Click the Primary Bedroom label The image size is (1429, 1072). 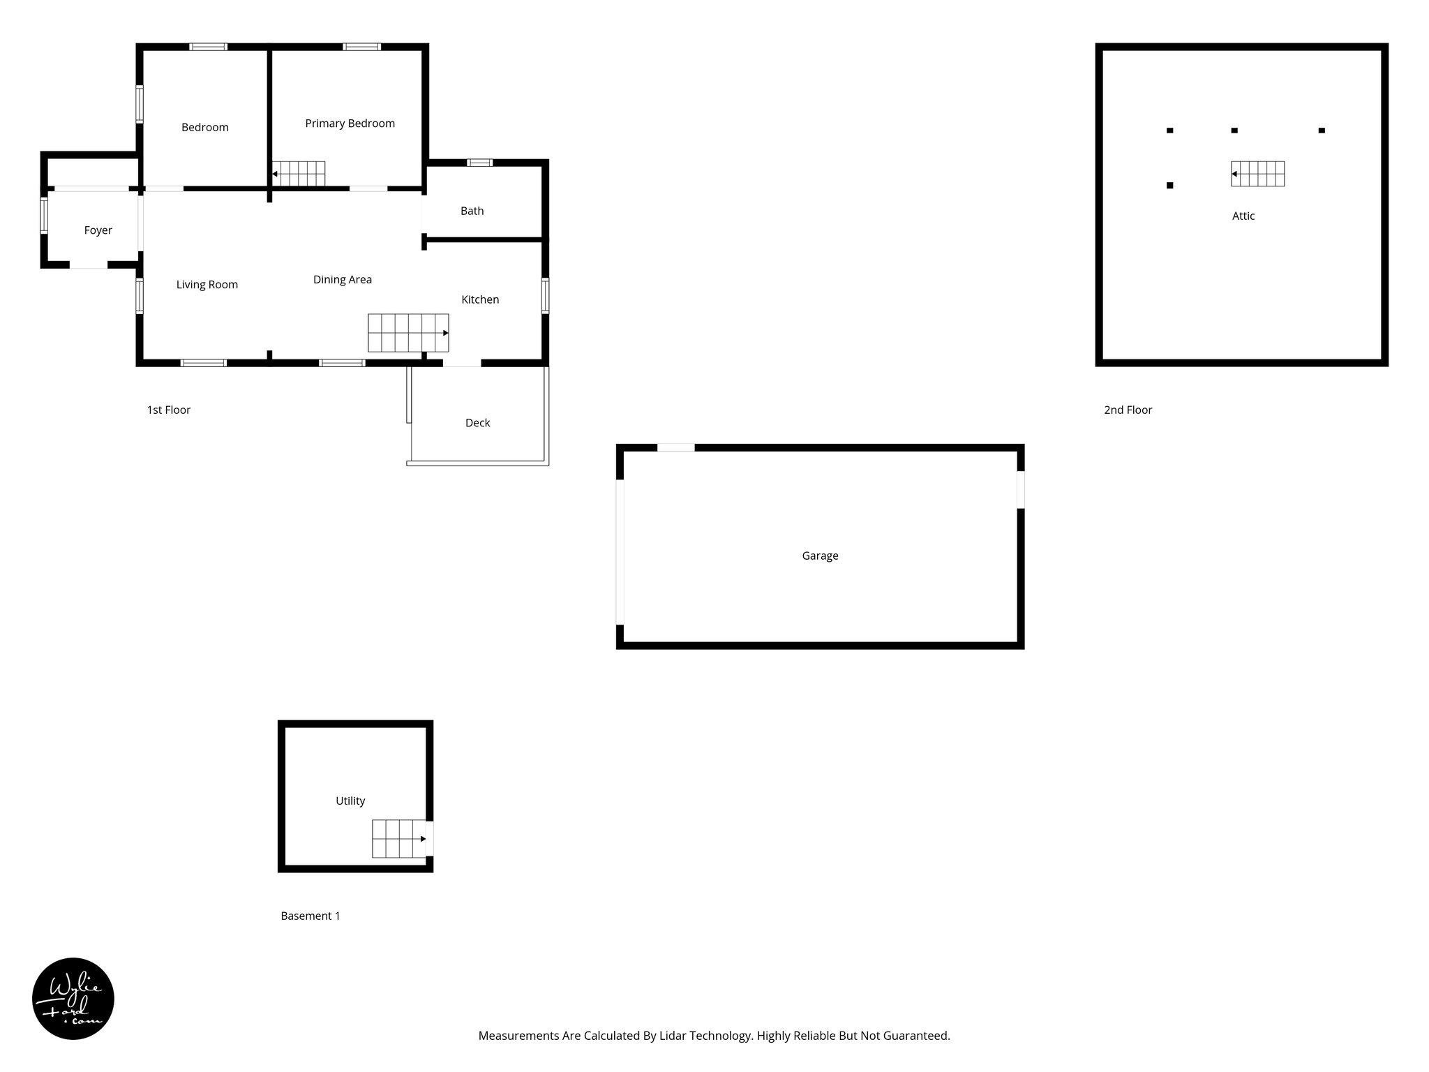coord(350,124)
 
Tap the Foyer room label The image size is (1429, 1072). coord(98,230)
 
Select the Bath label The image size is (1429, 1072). coord(472,211)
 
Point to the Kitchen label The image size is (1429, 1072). coord(480,299)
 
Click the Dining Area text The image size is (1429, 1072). coord(342,280)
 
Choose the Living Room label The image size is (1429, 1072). coord(207,285)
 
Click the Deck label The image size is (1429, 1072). coord(477,423)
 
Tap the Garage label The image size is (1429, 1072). coord(820,556)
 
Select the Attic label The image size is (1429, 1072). coord(1243,216)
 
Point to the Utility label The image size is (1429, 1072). coord(350,801)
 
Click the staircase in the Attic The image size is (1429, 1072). coord(1257,174)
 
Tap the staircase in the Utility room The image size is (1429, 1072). coord(399,838)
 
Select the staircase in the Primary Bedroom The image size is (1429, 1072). coord(299,174)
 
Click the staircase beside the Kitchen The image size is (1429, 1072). coord(408,333)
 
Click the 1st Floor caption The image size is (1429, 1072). coord(168,410)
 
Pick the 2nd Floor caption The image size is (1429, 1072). coord(1128,410)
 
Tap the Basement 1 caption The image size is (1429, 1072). coord(310,916)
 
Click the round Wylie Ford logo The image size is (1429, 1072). coord(73,999)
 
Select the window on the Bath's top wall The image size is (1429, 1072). coord(479,163)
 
